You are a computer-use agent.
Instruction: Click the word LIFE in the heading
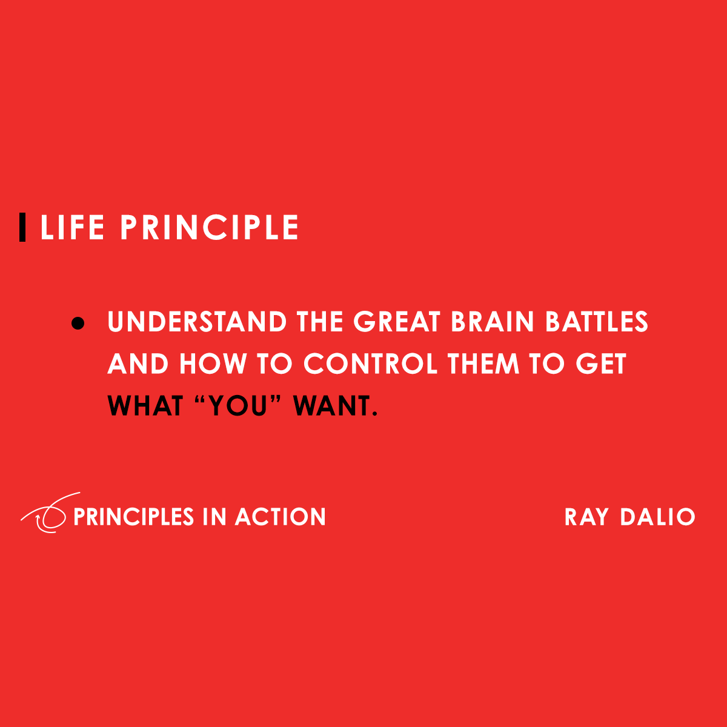click(x=72, y=228)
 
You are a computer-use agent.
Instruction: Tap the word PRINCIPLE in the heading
click(x=210, y=228)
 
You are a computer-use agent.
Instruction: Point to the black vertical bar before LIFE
click(x=22, y=228)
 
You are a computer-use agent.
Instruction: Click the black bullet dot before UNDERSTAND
click(x=77, y=323)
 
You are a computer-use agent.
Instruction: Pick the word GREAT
click(x=397, y=322)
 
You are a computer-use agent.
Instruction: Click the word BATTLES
click(x=597, y=322)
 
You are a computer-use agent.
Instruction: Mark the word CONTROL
click(x=370, y=364)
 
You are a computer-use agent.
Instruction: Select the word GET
click(x=600, y=364)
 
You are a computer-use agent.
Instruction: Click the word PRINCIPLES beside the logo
click(x=133, y=517)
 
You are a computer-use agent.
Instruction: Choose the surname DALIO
click(x=657, y=517)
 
